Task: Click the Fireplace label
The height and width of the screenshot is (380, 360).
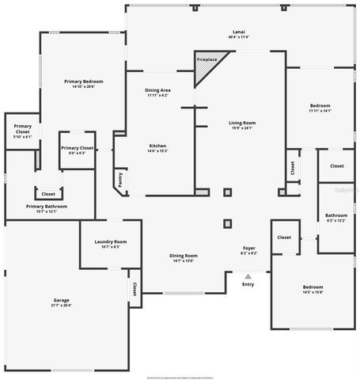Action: (207, 59)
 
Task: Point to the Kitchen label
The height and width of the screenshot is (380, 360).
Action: (158, 146)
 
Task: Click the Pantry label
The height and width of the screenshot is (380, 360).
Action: (120, 180)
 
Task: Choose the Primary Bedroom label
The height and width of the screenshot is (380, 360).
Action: (84, 82)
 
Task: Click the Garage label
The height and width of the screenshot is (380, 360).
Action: (62, 300)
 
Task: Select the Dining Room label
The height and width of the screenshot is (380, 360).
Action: (183, 256)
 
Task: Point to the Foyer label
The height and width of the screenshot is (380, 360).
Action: (248, 249)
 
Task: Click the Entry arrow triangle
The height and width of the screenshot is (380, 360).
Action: (248, 275)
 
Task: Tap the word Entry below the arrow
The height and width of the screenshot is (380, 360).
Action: (248, 283)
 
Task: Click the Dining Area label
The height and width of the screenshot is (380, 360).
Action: (158, 90)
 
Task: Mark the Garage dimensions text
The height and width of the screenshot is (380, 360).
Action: (62, 305)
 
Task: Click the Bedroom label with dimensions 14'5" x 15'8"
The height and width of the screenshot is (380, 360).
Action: (313, 287)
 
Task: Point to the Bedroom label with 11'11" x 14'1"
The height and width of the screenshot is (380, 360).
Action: (320, 105)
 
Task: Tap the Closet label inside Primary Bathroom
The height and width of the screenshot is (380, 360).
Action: (48, 193)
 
